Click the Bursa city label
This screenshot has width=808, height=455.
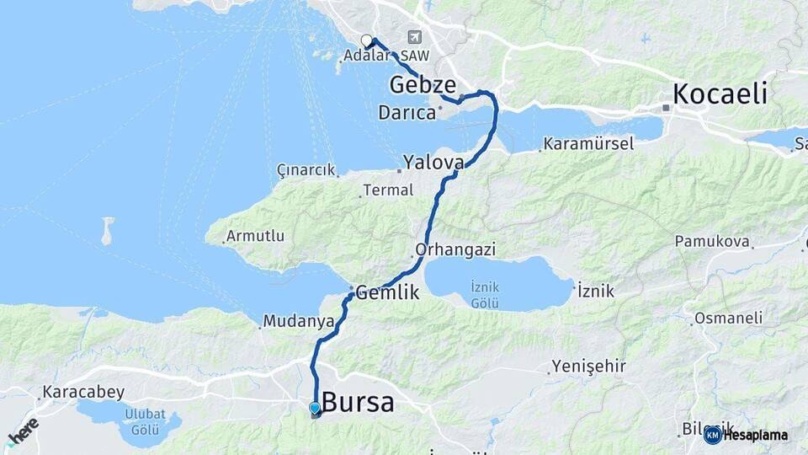pyautogui.click(x=358, y=402)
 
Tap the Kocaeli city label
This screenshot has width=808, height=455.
pyautogui.click(x=720, y=94)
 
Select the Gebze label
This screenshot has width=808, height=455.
pyautogui.click(x=423, y=85)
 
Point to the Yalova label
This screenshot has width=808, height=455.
pyautogui.click(x=433, y=162)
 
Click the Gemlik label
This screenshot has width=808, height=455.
pyautogui.click(x=386, y=293)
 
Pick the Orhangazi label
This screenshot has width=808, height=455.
pyautogui.click(x=455, y=250)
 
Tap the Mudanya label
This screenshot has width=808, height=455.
pyautogui.click(x=293, y=321)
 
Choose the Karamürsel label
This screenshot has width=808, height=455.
pyautogui.click(x=588, y=144)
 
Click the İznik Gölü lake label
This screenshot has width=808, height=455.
pyautogui.click(x=485, y=295)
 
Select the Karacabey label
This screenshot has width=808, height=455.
pyautogui.click(x=83, y=392)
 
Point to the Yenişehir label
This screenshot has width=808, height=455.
pyautogui.click(x=588, y=367)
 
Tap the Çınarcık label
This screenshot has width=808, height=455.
pyautogui.click(x=306, y=170)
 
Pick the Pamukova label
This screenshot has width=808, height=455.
pyautogui.click(x=712, y=242)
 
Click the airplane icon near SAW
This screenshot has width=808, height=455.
pyautogui.click(x=414, y=37)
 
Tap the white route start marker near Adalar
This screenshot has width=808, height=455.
pyautogui.click(x=366, y=40)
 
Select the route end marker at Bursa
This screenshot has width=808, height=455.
pyautogui.click(x=315, y=410)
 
